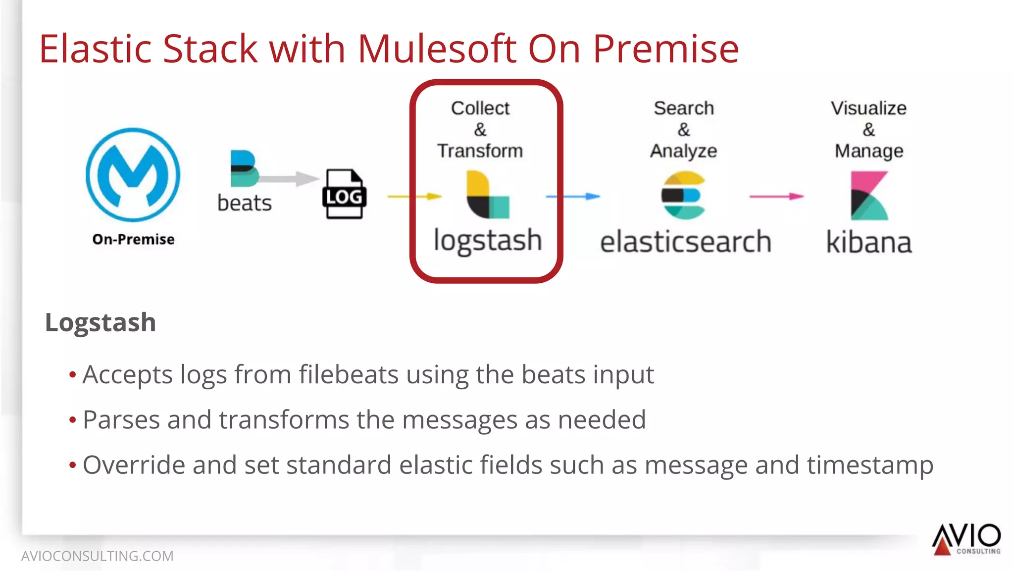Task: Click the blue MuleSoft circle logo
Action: [x=133, y=174]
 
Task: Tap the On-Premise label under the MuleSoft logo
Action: [x=133, y=239]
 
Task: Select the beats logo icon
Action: [x=244, y=168]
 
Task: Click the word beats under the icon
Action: [x=245, y=203]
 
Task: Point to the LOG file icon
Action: [x=345, y=194]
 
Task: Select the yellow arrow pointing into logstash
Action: [x=414, y=197]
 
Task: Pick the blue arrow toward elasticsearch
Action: [x=573, y=197]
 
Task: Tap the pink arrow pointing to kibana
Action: [x=776, y=197]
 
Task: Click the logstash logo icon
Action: [x=488, y=195]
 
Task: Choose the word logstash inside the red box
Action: [x=488, y=241]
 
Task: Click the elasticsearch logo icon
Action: [x=684, y=196]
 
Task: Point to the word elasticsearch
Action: [x=686, y=242]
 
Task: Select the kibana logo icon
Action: [x=869, y=196]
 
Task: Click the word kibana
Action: [x=869, y=242]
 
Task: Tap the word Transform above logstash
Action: [x=480, y=151]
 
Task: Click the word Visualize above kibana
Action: [x=868, y=108]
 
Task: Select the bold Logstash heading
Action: [x=101, y=322]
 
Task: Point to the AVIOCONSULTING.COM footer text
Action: [x=98, y=556]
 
